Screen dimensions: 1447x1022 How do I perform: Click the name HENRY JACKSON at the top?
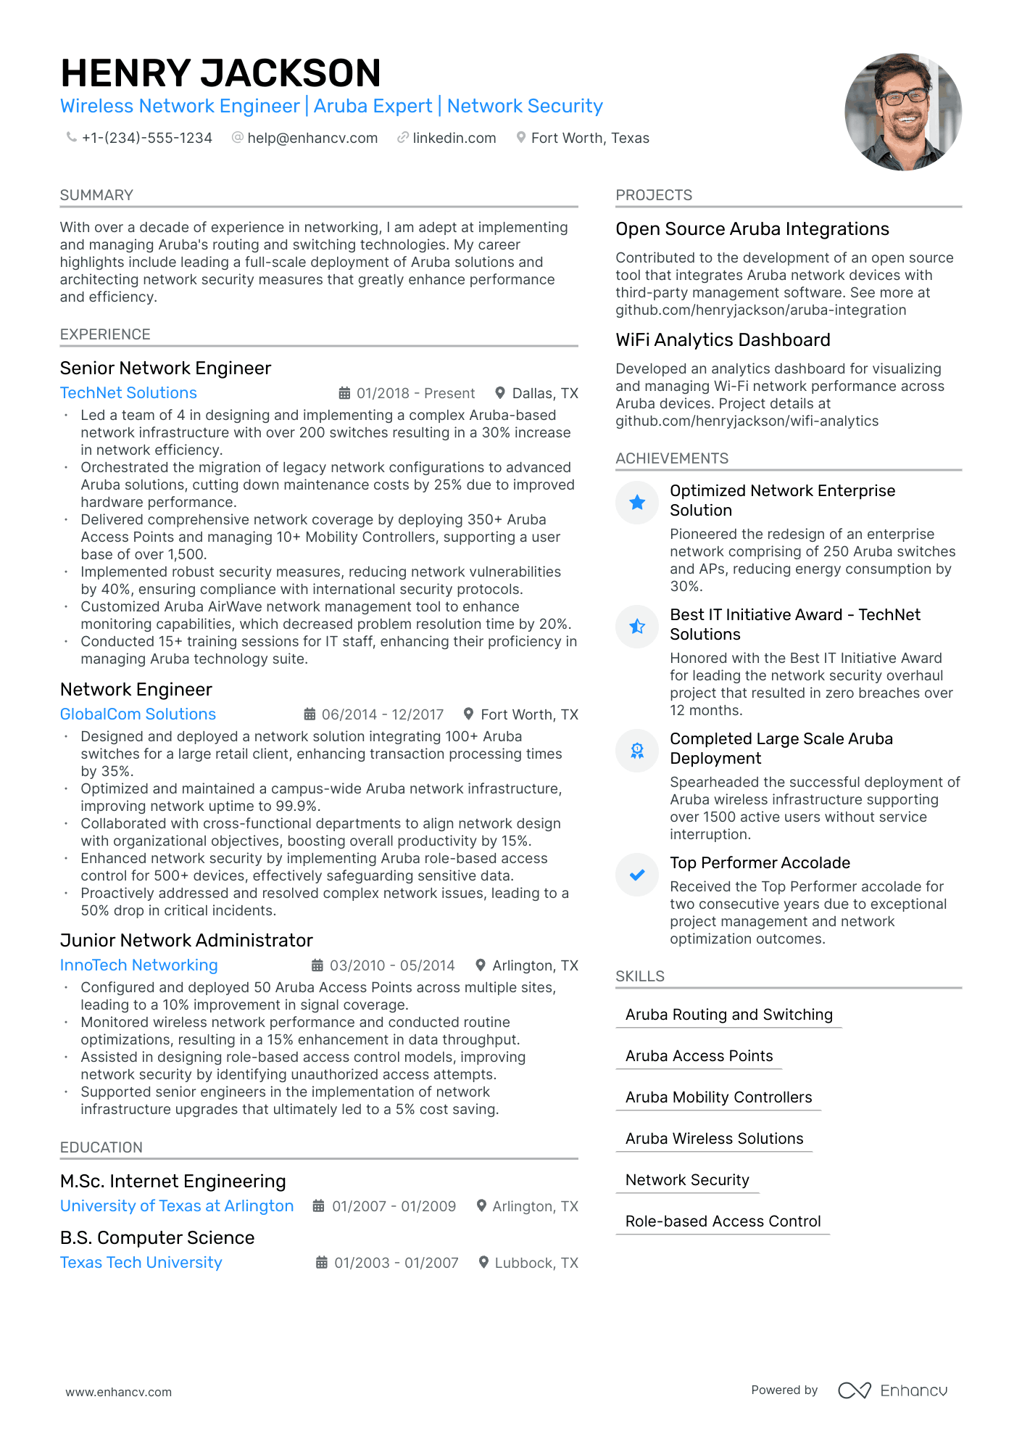tap(220, 73)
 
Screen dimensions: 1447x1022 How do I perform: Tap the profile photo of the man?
tap(903, 112)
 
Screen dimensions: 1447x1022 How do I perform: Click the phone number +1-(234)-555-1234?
tap(146, 138)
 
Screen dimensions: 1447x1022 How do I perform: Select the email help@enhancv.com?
tap(312, 138)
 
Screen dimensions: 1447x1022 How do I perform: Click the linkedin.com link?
tap(454, 138)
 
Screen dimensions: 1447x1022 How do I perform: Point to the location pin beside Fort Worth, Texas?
tap(520, 137)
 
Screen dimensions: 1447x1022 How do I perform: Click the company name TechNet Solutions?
tap(128, 392)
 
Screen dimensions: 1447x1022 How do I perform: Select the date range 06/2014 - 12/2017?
tap(382, 714)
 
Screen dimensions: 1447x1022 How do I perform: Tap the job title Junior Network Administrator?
tap(186, 940)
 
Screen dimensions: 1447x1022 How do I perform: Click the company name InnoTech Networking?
tap(138, 965)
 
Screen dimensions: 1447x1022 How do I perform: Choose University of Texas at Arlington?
tap(177, 1205)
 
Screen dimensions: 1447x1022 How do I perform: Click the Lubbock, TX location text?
tap(536, 1263)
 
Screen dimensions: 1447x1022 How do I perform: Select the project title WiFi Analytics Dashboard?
tap(723, 339)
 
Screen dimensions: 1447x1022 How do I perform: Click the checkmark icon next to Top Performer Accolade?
tap(637, 875)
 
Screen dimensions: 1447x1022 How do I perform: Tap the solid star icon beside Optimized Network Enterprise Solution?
tap(637, 502)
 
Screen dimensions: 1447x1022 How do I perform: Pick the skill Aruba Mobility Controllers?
tap(718, 1097)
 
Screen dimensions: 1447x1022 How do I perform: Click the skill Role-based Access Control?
tap(723, 1221)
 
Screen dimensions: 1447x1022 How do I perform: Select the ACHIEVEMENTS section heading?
tap(672, 458)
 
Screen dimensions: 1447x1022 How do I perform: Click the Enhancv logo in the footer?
tap(892, 1390)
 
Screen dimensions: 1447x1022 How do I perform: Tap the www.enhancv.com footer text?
tap(119, 1392)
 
